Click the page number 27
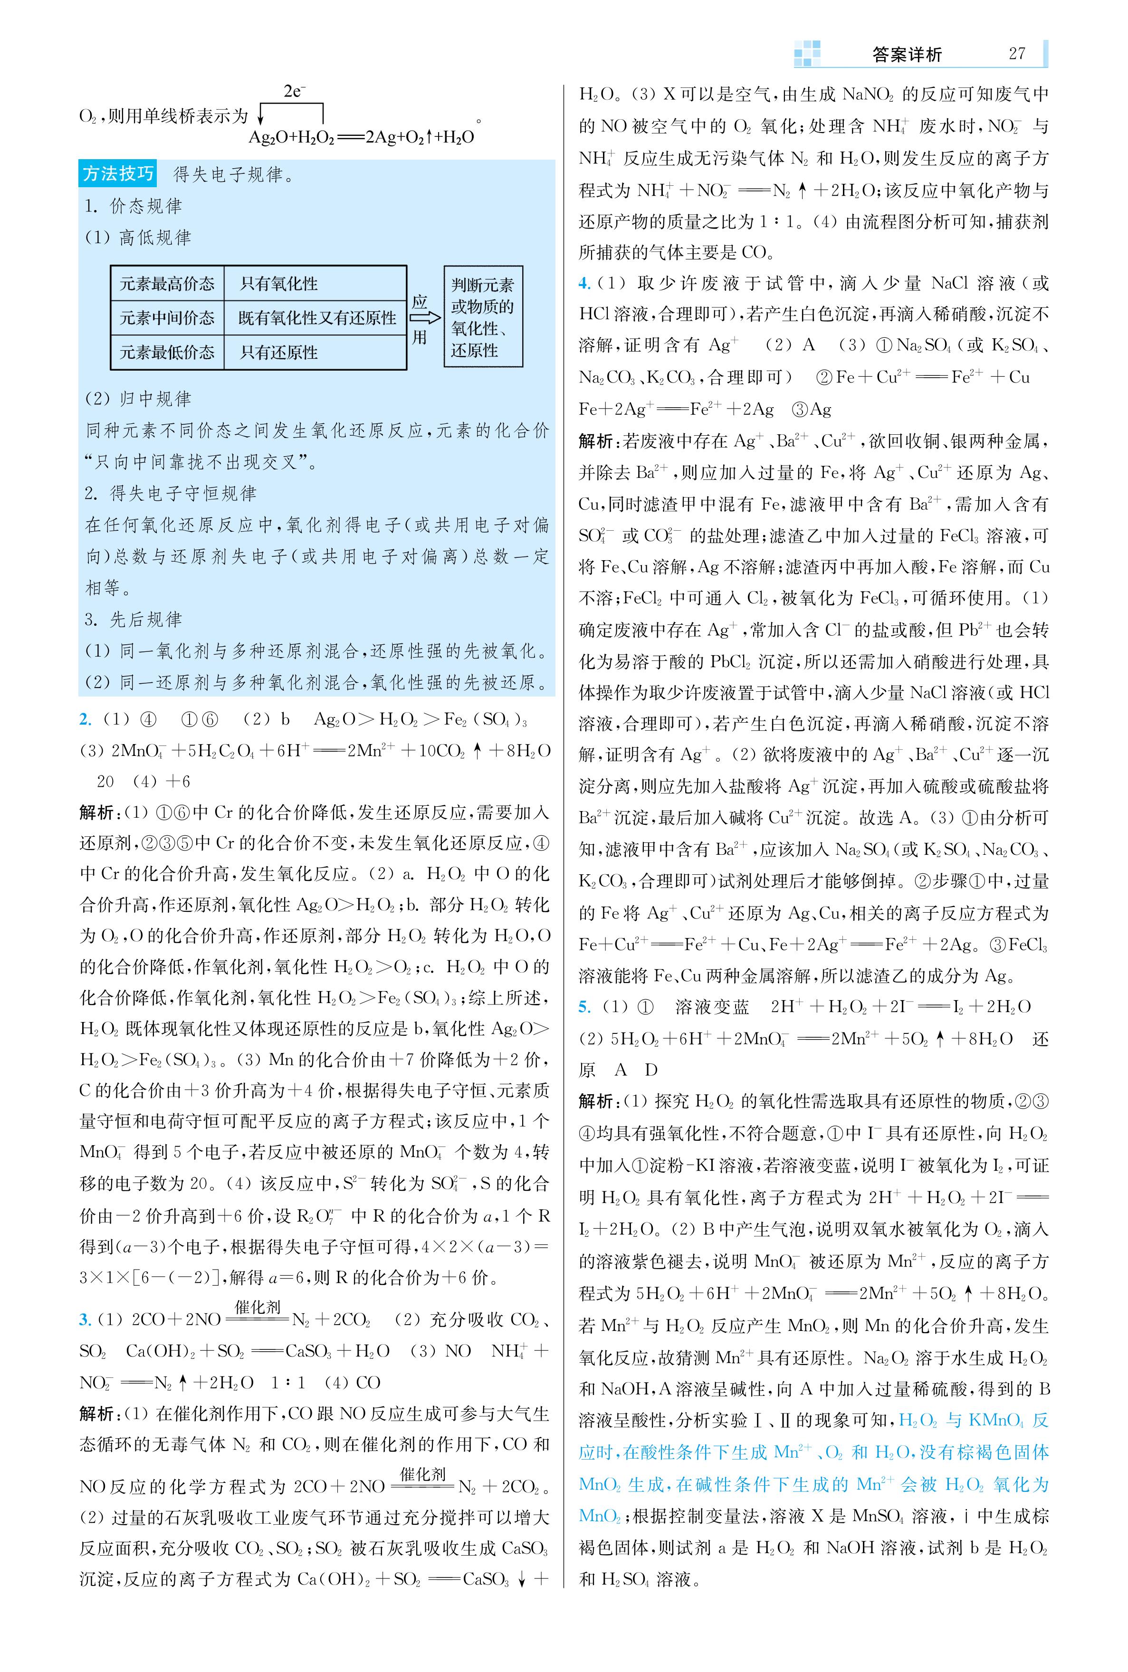pyautogui.click(x=1016, y=54)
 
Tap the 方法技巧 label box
pyautogui.click(x=118, y=174)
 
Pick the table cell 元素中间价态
pyautogui.click(x=167, y=318)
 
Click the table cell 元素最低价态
pyautogui.click(x=167, y=353)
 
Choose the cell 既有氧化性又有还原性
pyautogui.click(x=316, y=318)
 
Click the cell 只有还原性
pyautogui.click(x=279, y=353)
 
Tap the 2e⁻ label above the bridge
pyautogui.click(x=294, y=91)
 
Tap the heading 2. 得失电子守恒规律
pyautogui.click(x=170, y=493)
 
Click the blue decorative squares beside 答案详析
pyautogui.click(x=807, y=54)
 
